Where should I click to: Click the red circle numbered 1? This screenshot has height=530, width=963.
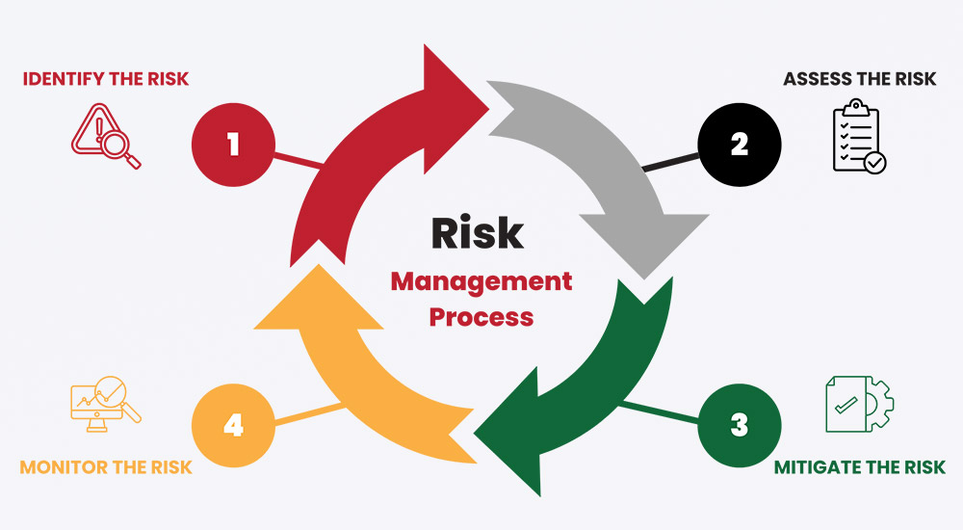click(x=233, y=145)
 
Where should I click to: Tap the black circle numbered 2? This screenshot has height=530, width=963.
click(x=740, y=145)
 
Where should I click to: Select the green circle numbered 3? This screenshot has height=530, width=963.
click(x=740, y=425)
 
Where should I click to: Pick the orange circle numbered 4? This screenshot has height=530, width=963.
click(x=233, y=425)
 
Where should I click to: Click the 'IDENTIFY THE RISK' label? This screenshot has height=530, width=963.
click(x=106, y=79)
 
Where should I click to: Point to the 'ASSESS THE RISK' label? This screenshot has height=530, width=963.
click(x=859, y=79)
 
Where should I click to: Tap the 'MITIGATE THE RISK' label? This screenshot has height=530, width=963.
click(x=859, y=467)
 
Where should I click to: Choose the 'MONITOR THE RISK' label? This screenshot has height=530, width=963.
click(x=106, y=467)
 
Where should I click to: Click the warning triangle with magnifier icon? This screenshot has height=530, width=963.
click(x=106, y=136)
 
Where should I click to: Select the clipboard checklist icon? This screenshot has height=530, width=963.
click(x=859, y=136)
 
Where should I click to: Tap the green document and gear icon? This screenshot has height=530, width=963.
click(x=859, y=404)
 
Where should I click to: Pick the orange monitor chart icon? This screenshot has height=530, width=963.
click(x=106, y=404)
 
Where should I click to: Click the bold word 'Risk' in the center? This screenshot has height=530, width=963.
click(x=478, y=233)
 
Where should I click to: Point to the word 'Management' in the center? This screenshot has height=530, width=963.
click(x=481, y=281)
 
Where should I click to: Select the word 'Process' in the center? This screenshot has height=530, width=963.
click(x=481, y=317)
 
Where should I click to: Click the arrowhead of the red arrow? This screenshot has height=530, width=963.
click(x=455, y=109)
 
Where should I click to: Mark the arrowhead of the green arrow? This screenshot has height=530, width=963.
click(x=508, y=432)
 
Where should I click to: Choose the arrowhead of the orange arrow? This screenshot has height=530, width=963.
click(x=319, y=297)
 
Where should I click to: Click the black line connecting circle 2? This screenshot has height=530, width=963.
click(x=670, y=162)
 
